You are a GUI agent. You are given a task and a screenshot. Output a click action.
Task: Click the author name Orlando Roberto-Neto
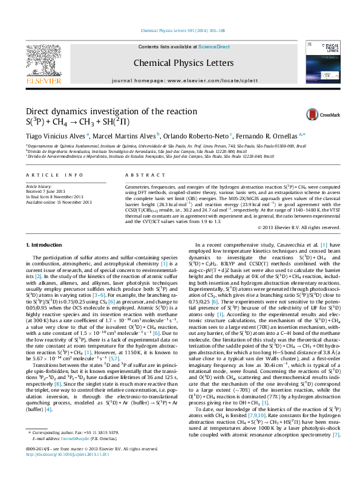[x=196, y=135]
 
